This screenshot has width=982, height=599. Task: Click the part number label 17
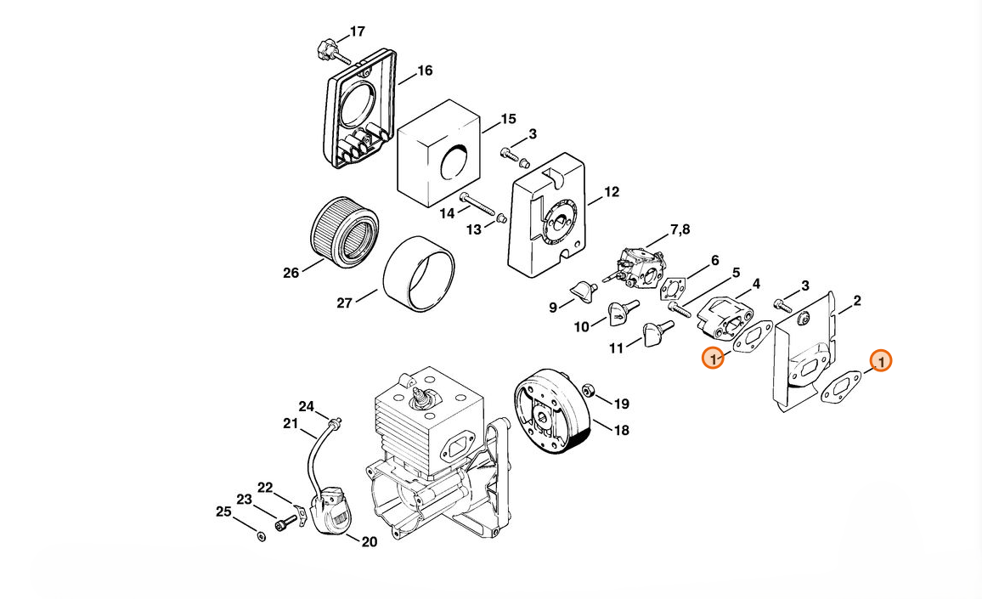point(358,31)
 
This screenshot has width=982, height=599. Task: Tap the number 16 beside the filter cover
point(426,71)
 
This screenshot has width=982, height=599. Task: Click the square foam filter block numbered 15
point(439,154)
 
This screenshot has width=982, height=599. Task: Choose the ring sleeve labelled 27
point(418,274)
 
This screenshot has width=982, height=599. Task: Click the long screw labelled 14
point(478,204)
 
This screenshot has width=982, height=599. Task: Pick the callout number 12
point(612,192)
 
